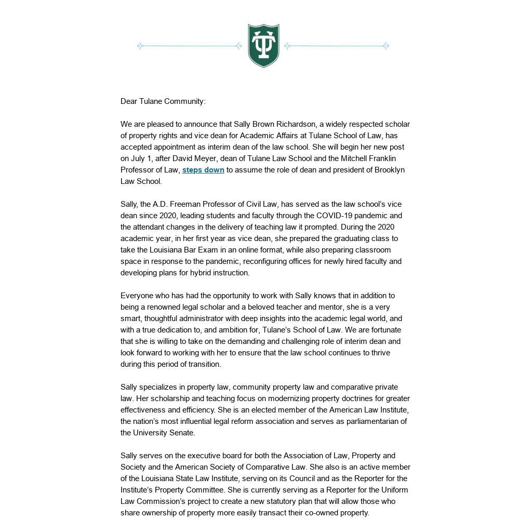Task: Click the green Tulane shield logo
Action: pyautogui.click(x=263, y=46)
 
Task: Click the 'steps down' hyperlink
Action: pyautogui.click(x=203, y=170)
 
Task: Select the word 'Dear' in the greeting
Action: pyautogui.click(x=129, y=101)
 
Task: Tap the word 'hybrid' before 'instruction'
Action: pyautogui.click(x=202, y=273)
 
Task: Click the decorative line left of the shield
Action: pyautogui.click(x=190, y=46)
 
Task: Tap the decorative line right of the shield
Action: pyautogui.click(x=337, y=46)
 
